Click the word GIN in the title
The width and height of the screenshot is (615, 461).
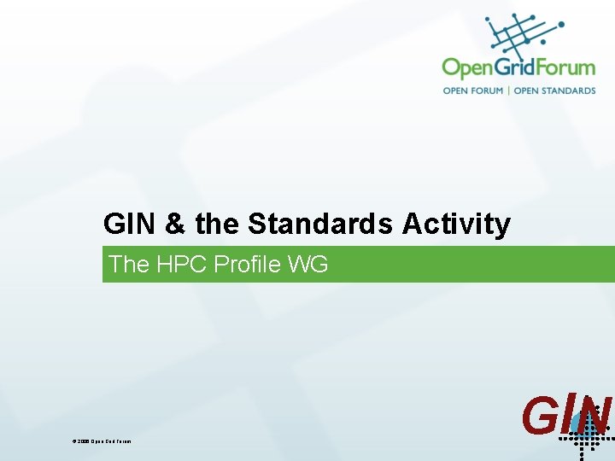(129, 224)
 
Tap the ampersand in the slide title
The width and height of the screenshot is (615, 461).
(175, 224)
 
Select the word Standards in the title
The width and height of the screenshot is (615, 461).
(320, 224)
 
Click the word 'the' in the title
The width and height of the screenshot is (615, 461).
(218, 224)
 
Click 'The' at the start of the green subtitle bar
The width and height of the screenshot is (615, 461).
(129, 265)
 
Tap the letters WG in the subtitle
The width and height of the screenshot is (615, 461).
(307, 265)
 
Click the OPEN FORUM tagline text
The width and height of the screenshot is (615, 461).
(472, 90)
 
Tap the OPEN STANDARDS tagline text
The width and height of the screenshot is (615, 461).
(554, 90)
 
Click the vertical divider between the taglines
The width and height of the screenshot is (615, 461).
(508, 90)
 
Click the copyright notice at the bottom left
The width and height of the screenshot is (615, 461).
(102, 441)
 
